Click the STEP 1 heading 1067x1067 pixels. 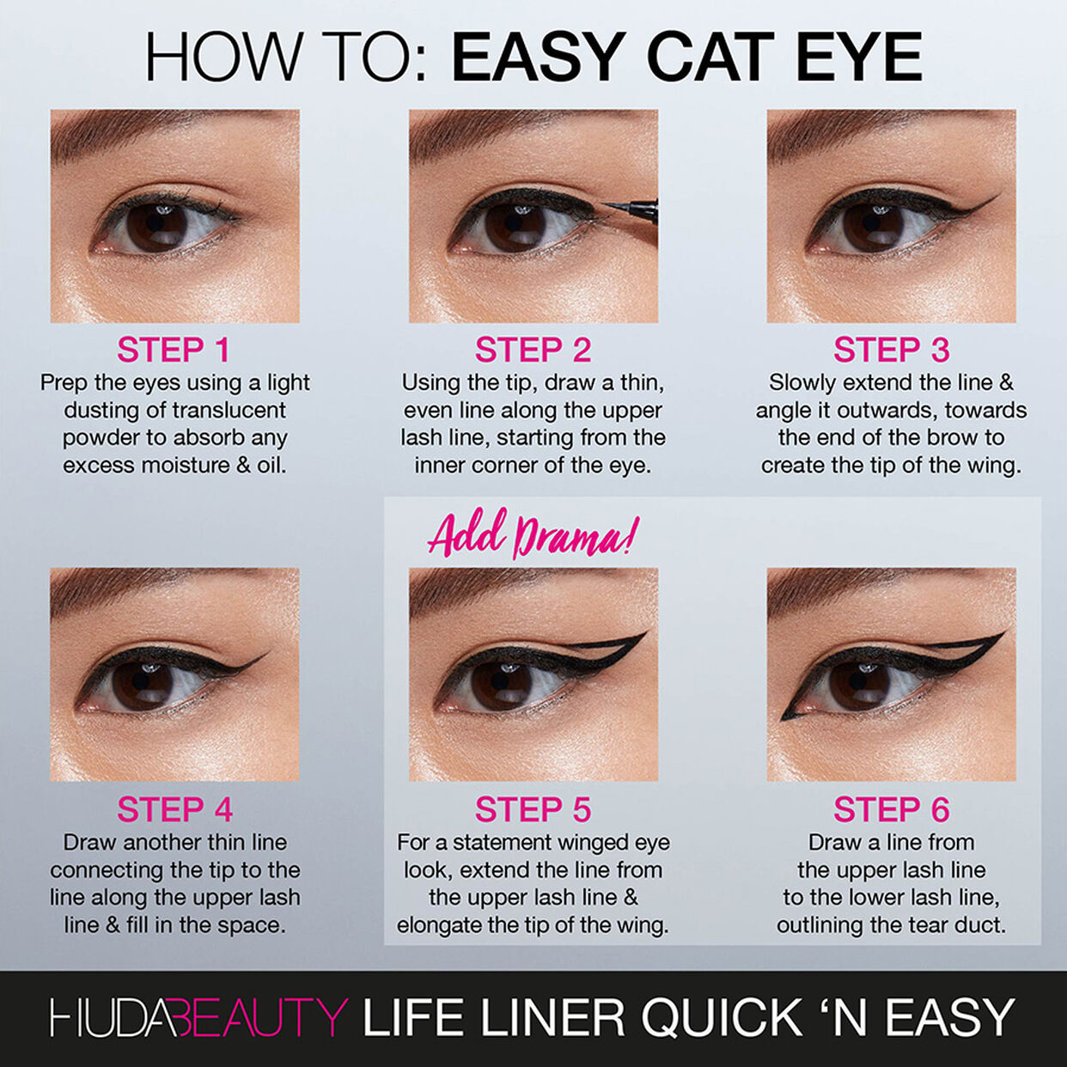pos(174,351)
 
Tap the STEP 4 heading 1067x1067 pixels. pos(174,810)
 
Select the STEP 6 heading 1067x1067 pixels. pos(891,810)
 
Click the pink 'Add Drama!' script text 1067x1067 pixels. pos(533,535)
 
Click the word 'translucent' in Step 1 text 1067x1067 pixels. pos(228,410)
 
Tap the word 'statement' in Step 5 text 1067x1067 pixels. pos(503,843)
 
